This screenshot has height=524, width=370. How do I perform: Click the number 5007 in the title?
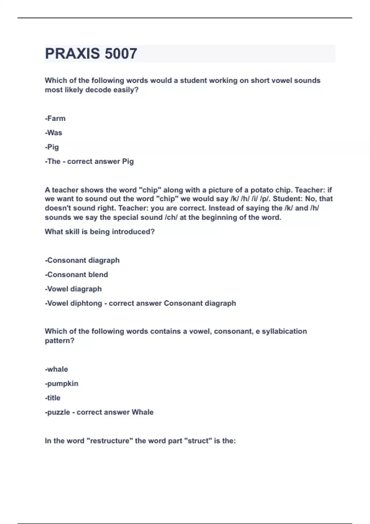(121, 54)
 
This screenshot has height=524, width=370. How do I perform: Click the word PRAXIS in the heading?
(72, 54)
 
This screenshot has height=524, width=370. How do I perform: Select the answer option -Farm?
(55, 118)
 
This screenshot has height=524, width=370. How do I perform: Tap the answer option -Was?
(54, 133)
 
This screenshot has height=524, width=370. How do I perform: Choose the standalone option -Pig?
(52, 147)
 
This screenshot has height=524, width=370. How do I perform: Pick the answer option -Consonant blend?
(76, 275)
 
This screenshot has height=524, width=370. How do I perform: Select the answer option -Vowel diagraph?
(73, 289)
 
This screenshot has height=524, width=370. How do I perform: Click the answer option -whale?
(56, 369)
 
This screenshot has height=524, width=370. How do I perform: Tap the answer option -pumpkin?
(62, 384)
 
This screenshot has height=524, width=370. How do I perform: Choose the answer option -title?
(53, 398)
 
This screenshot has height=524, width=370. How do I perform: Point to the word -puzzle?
(58, 412)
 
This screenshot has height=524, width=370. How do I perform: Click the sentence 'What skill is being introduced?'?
(100, 232)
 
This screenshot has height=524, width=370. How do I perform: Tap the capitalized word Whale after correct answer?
(142, 412)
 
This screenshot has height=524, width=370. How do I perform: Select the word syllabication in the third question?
(284, 331)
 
